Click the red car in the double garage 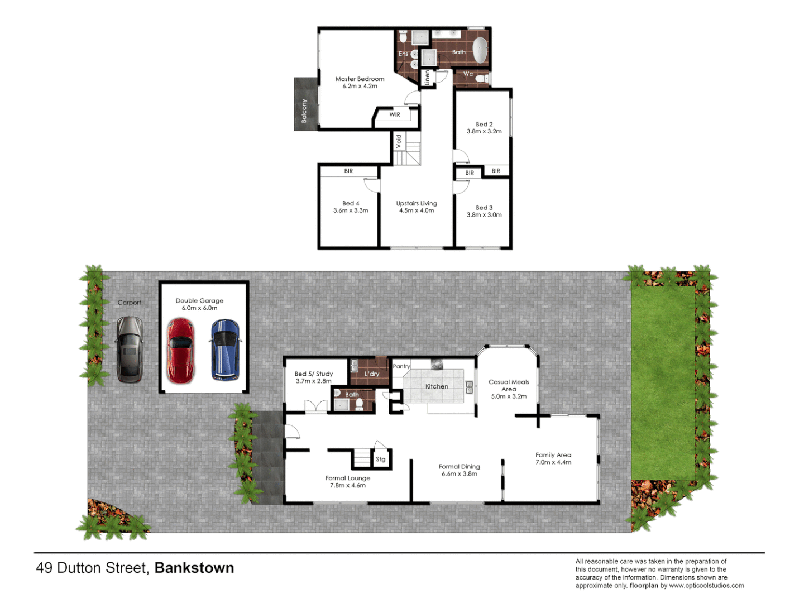click(x=181, y=351)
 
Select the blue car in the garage click(x=225, y=350)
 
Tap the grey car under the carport click(x=130, y=350)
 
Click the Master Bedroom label click(x=360, y=79)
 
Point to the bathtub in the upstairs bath click(x=480, y=51)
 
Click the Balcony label click(x=304, y=111)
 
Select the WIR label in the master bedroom click(x=395, y=114)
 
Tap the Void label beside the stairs click(x=399, y=141)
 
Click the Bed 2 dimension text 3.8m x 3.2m click(x=484, y=132)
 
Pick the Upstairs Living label click(x=417, y=203)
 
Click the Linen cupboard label click(x=428, y=78)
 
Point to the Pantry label click(x=401, y=366)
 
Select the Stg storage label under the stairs click(x=381, y=459)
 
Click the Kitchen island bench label click(x=437, y=386)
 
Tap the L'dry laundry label click(x=372, y=374)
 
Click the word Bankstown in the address click(x=194, y=568)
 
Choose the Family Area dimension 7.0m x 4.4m click(x=553, y=462)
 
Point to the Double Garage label click(x=199, y=300)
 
